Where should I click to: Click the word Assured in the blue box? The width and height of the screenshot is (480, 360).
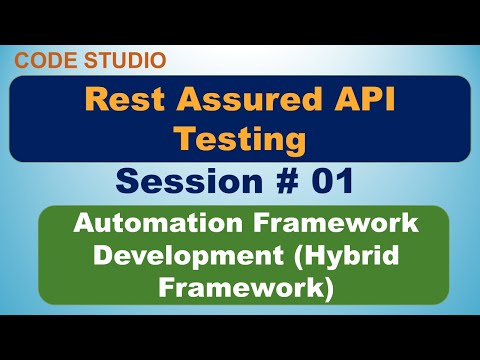(226, 100)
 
